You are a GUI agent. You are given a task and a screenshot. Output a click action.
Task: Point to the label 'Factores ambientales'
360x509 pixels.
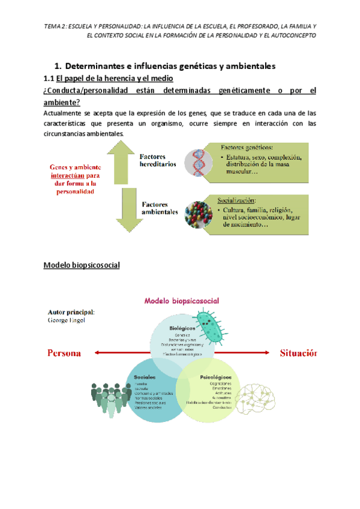160,208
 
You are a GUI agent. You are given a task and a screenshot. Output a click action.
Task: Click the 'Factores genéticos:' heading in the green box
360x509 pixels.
247,147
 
